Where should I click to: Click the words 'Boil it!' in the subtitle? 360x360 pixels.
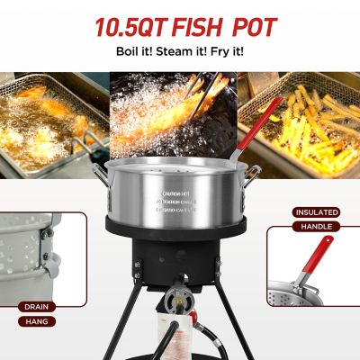(x=134, y=51)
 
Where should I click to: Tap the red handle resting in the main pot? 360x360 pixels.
(x=260, y=122)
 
